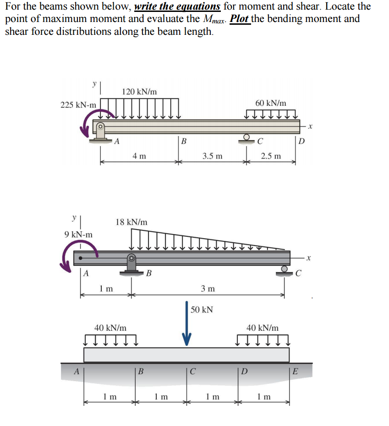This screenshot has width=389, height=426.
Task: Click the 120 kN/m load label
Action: click(139, 92)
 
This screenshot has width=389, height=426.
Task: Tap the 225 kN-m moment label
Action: click(78, 105)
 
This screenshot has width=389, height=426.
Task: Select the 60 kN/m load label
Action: click(270, 104)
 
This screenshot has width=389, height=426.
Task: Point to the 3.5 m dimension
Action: click(212, 156)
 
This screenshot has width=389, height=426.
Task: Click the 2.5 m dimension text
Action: click(271, 156)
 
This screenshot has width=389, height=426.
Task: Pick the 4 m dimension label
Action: click(139, 156)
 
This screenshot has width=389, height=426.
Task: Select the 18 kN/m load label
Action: click(131, 222)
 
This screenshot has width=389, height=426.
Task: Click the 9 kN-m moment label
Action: click(78, 235)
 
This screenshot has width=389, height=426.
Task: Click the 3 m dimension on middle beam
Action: click(208, 289)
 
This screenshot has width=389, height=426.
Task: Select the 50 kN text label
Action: click(202, 310)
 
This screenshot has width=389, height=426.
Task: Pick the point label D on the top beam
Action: click(301, 141)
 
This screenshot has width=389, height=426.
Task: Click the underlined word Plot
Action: click(240, 19)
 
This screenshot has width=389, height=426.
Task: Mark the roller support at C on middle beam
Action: click(285, 271)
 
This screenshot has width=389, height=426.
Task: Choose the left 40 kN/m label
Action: click(110, 328)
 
